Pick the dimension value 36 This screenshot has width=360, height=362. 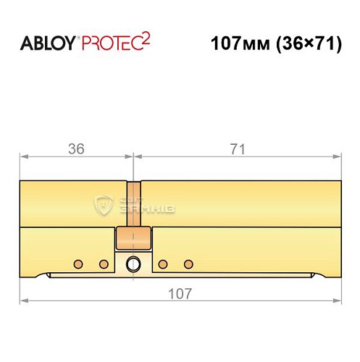(x=76, y=150)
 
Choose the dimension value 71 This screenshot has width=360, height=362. (x=236, y=150)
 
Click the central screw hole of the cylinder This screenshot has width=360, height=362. (x=133, y=264)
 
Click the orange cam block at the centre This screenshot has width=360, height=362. (x=133, y=237)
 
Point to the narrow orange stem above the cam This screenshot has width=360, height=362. (x=133, y=203)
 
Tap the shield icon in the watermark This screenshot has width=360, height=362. (x=104, y=205)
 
